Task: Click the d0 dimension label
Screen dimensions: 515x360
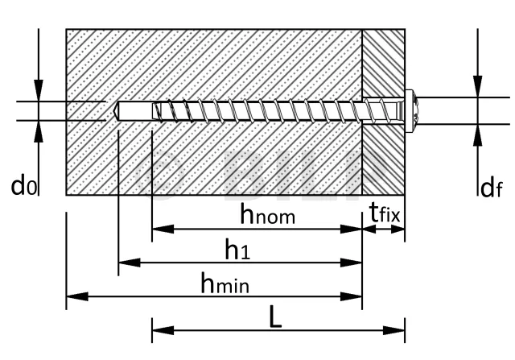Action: (x=23, y=186)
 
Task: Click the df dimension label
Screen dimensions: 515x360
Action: (x=491, y=188)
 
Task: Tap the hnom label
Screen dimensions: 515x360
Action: (x=268, y=213)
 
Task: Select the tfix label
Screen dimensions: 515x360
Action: (x=385, y=213)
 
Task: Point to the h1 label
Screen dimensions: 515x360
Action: (x=237, y=249)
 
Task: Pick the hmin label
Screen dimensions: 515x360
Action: (x=225, y=283)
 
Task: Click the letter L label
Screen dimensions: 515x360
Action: (x=275, y=317)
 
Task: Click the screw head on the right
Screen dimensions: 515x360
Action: (x=410, y=111)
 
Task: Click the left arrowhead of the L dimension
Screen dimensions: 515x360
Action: (x=163, y=330)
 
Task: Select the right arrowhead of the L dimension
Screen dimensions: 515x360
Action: (x=394, y=330)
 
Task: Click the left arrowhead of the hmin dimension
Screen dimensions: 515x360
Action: (x=77, y=296)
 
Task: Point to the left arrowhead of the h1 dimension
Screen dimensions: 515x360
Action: (x=129, y=263)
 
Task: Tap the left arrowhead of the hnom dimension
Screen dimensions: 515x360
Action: (x=163, y=229)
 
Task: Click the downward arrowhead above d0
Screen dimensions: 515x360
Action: (x=39, y=90)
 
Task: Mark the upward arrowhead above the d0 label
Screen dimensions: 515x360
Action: (x=39, y=131)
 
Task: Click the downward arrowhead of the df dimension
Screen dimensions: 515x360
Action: (x=477, y=86)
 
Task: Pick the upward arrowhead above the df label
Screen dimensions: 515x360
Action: (x=477, y=134)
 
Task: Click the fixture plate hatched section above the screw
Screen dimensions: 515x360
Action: (x=383, y=63)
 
